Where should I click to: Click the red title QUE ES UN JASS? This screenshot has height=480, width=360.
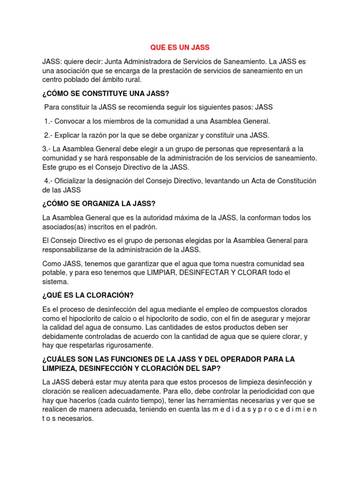coord(180,48)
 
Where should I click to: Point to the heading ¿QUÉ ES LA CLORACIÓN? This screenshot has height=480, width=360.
coord(88,295)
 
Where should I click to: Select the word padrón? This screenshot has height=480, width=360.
coord(145,227)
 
